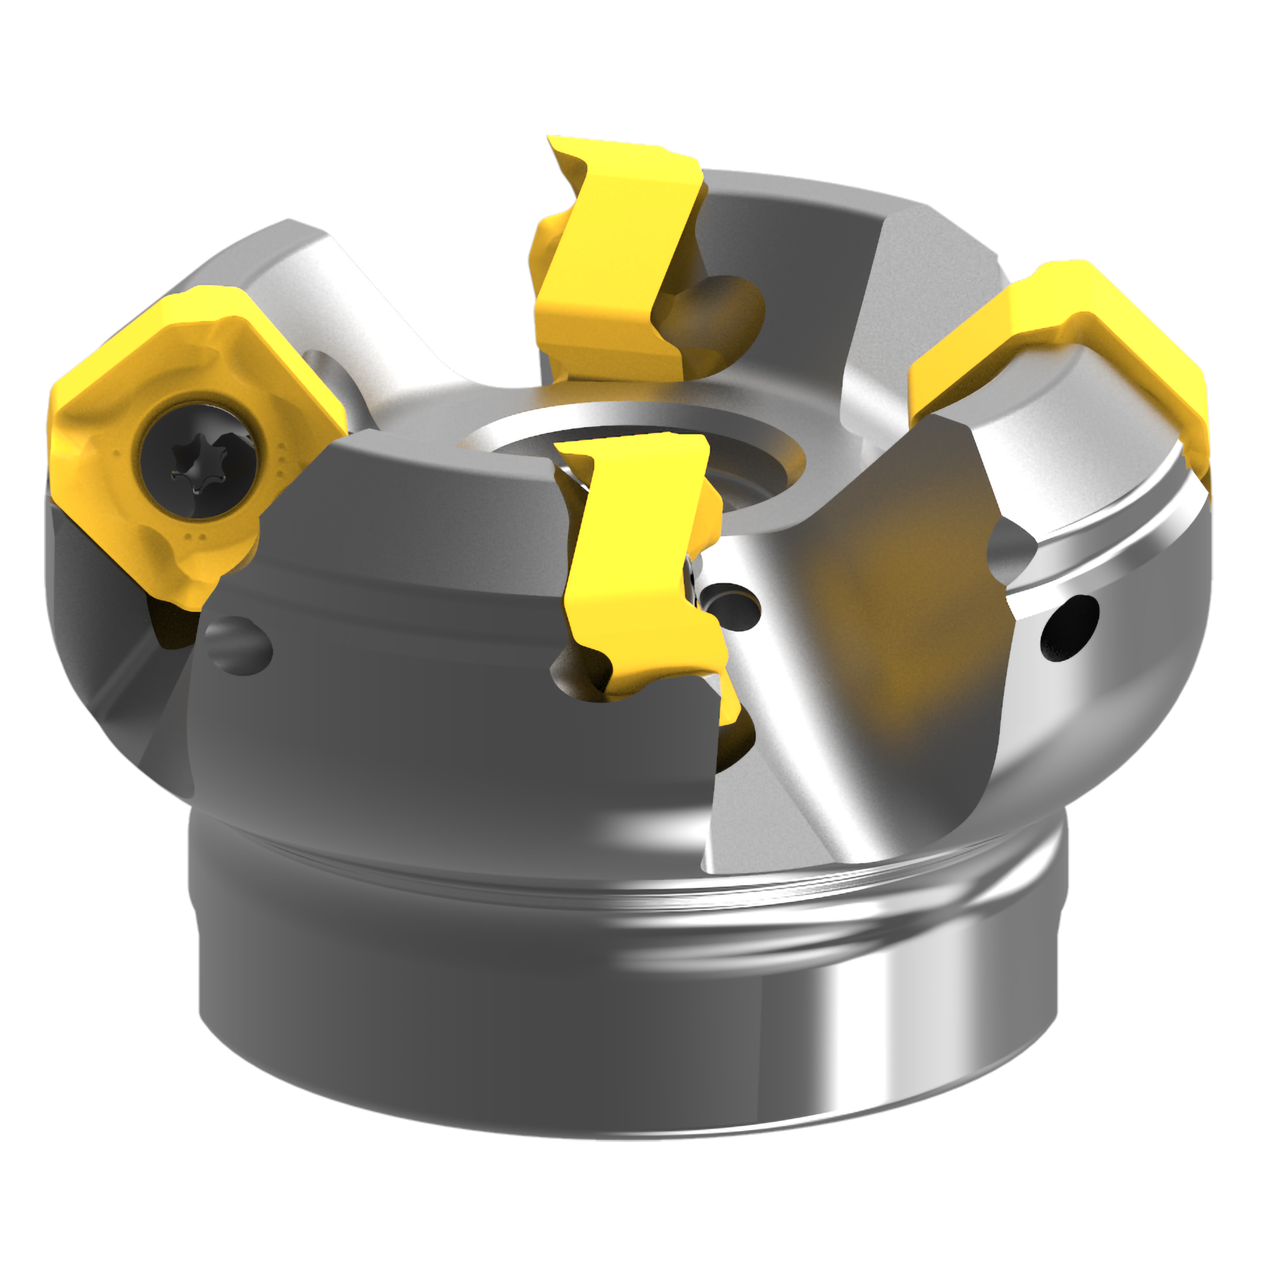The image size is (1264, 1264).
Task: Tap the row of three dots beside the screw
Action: [x=282, y=458]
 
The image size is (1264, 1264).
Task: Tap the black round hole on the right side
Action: [x=1068, y=626]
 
